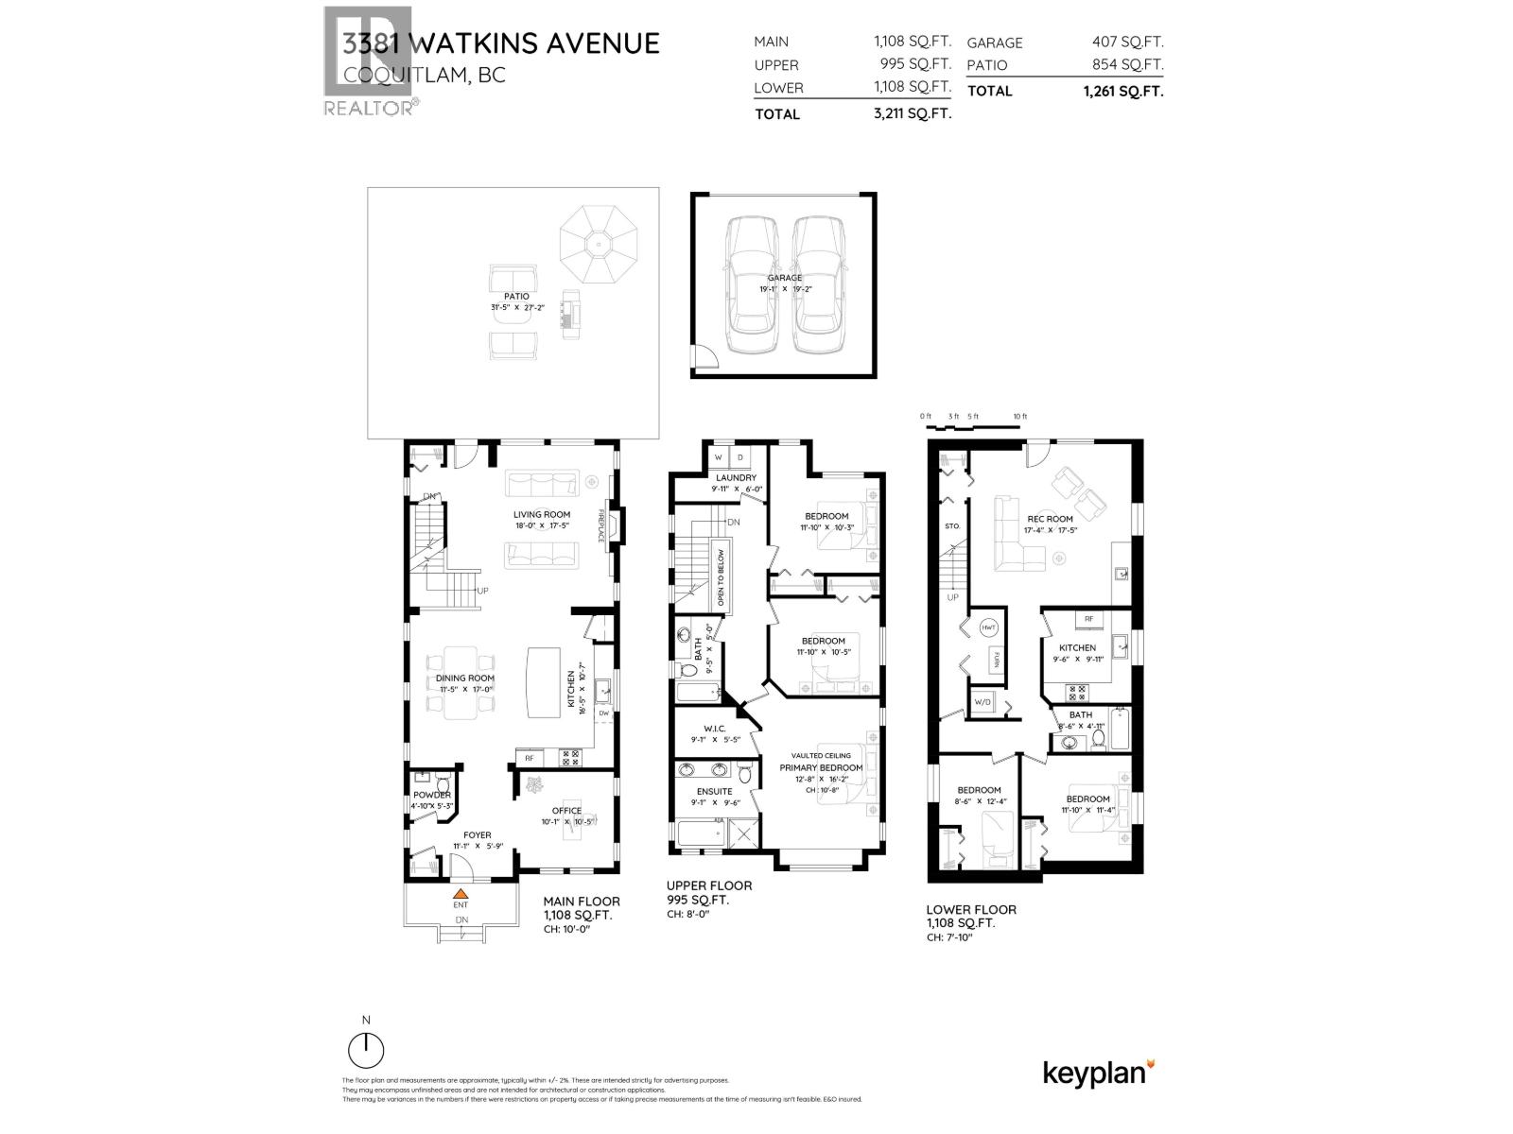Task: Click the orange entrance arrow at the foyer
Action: pos(460,892)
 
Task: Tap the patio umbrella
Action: pos(597,244)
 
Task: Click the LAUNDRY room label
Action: pos(736,478)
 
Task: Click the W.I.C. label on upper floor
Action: pos(714,729)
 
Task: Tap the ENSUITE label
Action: pos(714,791)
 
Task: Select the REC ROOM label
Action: pos(1051,519)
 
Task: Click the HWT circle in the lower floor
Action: pos(988,627)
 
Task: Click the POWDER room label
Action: pos(432,795)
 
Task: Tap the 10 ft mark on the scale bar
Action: pos(1019,417)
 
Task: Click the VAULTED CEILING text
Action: pos(821,755)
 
